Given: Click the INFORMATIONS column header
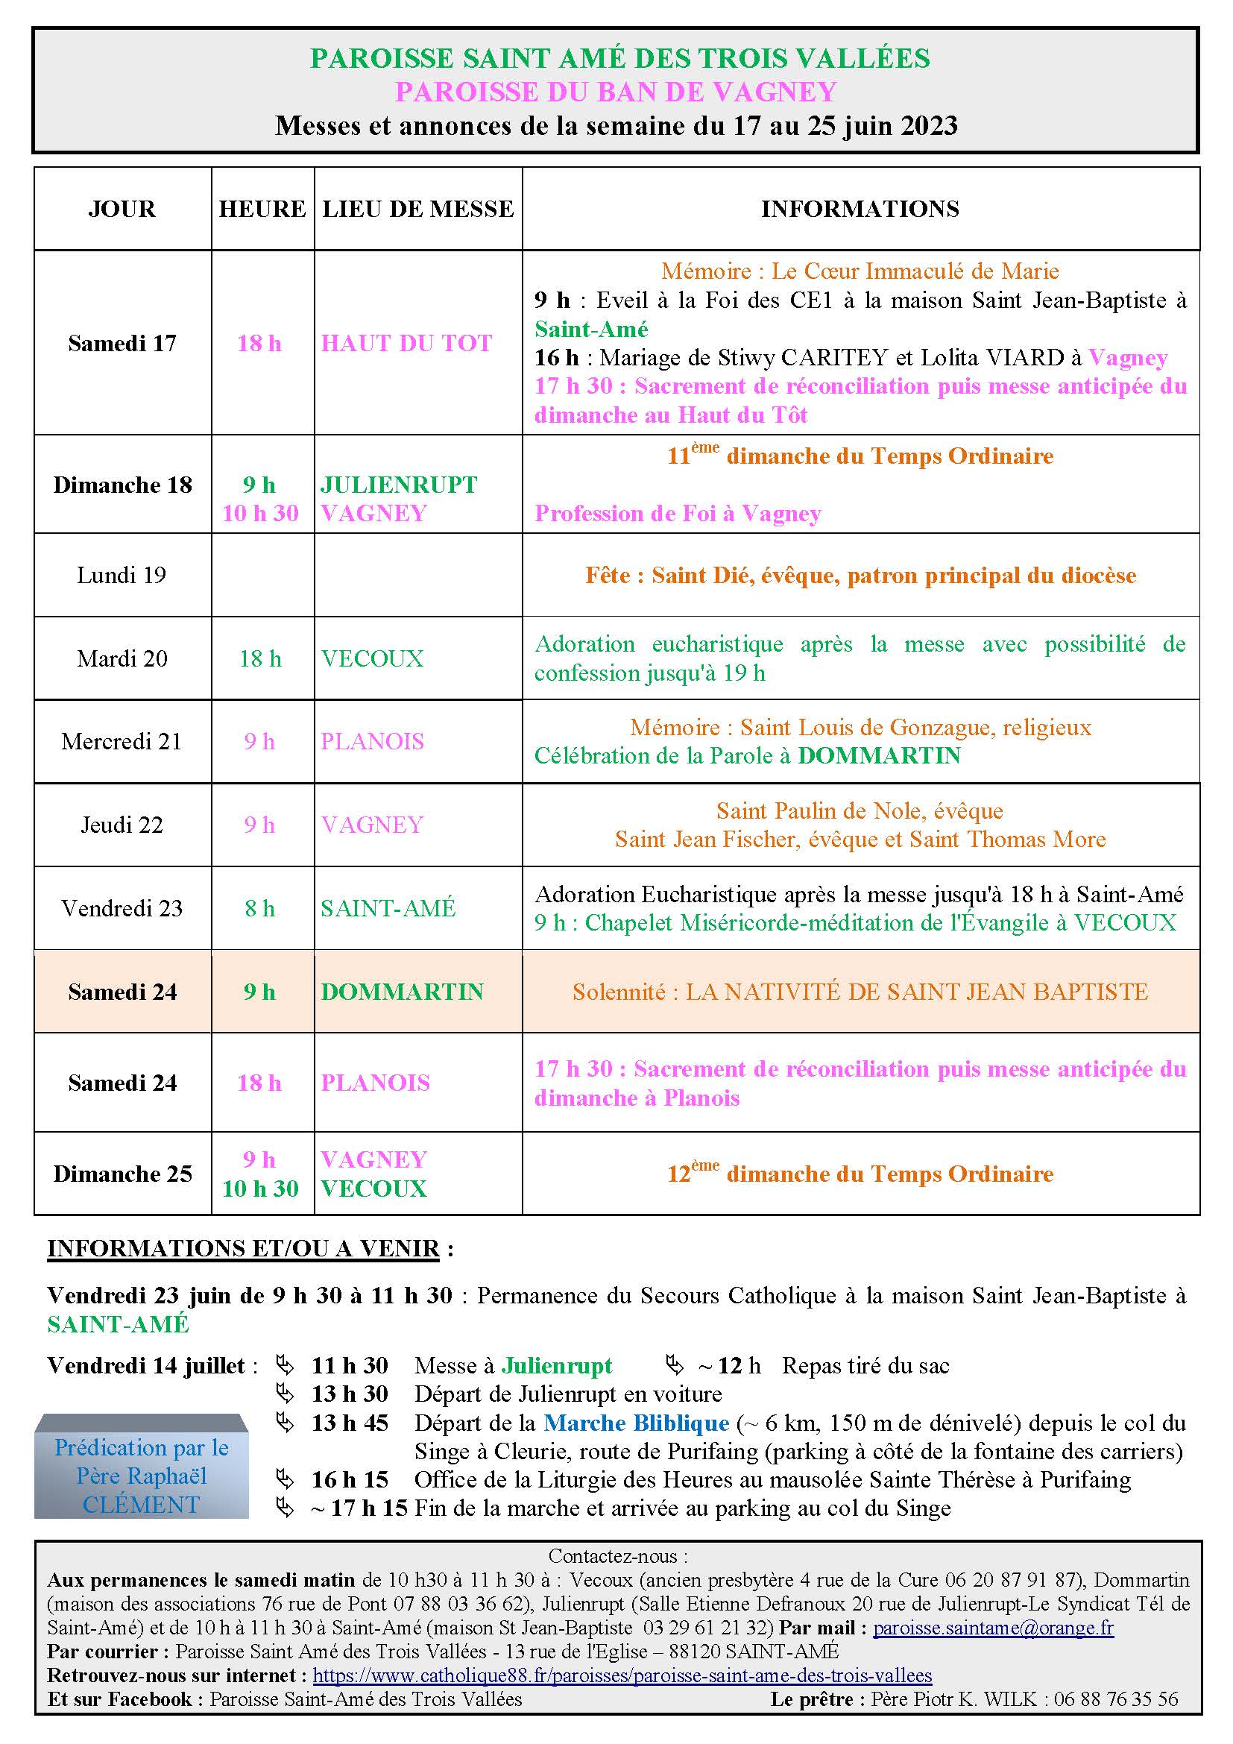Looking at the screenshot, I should pyautogui.click(x=860, y=209).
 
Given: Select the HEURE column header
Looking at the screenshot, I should pyautogui.click(x=262, y=209).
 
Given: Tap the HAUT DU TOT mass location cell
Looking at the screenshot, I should pyautogui.click(x=406, y=343).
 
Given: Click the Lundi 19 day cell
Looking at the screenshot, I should pyautogui.click(x=122, y=575).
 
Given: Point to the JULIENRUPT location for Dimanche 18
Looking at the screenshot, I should pyautogui.click(x=399, y=485).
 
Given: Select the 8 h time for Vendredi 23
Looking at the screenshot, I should pyautogui.click(x=259, y=908).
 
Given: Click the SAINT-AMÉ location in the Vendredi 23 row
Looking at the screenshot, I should pyautogui.click(x=388, y=908).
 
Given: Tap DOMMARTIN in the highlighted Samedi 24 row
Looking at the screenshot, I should pyautogui.click(x=402, y=992).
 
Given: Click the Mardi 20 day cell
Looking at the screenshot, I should pyautogui.click(x=122, y=658).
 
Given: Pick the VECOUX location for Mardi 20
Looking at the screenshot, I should pyautogui.click(x=372, y=658).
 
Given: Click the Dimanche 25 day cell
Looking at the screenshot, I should pyautogui.click(x=122, y=1174).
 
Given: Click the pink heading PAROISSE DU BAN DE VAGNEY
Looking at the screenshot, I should pyautogui.click(x=615, y=92).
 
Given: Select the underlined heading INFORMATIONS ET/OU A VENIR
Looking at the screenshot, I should pyautogui.click(x=243, y=1250).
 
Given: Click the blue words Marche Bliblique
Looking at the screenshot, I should pyautogui.click(x=636, y=1423).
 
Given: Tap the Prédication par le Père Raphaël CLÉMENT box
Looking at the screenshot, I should pyautogui.click(x=141, y=1476).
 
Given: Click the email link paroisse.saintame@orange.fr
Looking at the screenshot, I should pyautogui.click(x=993, y=1628).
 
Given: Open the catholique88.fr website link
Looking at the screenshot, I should pyautogui.click(x=622, y=1675).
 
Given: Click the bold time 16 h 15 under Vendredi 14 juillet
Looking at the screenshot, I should pyautogui.click(x=350, y=1479).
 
